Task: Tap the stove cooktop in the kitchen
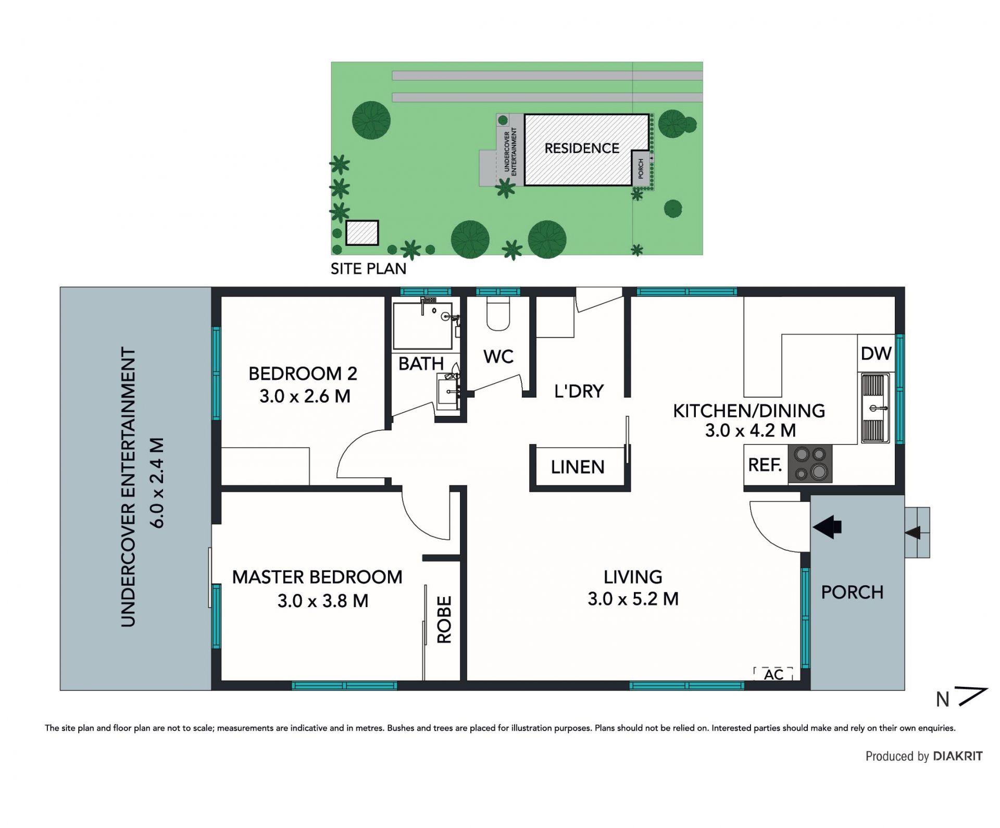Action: click(810, 463)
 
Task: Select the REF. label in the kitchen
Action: click(765, 465)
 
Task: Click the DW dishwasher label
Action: click(876, 354)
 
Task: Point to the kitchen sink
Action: click(876, 408)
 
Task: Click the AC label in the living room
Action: click(773, 675)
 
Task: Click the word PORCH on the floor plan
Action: click(852, 592)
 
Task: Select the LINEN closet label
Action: click(578, 467)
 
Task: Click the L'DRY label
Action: click(579, 391)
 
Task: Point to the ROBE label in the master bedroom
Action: click(444, 620)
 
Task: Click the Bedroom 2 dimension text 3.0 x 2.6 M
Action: click(305, 396)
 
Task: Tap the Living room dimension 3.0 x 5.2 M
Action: click(633, 599)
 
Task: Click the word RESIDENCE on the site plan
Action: click(582, 149)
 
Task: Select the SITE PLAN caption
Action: click(368, 269)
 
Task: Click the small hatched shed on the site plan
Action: click(362, 232)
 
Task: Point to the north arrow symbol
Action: click(972, 697)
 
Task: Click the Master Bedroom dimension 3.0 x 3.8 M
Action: click(322, 601)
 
